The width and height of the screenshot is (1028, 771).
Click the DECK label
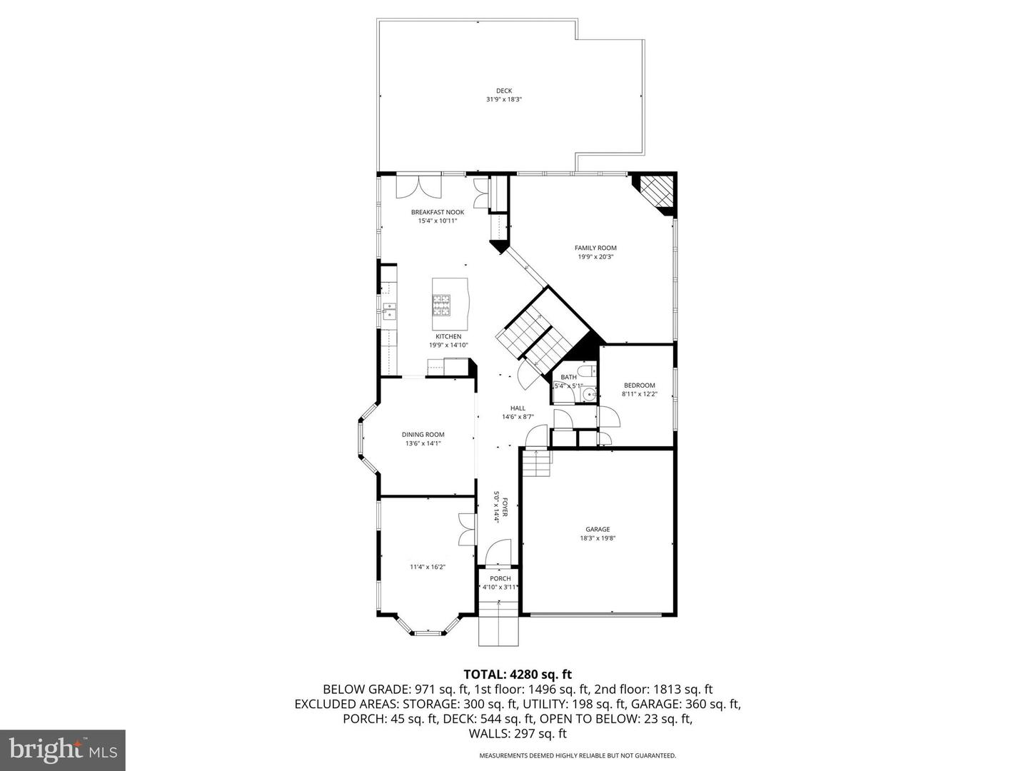pyautogui.click(x=504, y=91)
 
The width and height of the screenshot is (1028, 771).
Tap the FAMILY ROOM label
pyautogui.click(x=595, y=248)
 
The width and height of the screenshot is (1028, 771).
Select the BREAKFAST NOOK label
pyautogui.click(x=437, y=212)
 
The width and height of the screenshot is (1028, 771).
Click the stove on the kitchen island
pyautogui.click(x=442, y=305)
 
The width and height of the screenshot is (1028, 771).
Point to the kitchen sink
pyautogui.click(x=389, y=311)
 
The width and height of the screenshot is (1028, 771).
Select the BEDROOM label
pyautogui.click(x=639, y=385)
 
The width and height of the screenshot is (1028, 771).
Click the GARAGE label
pyautogui.click(x=598, y=529)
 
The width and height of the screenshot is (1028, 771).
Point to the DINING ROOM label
pyautogui.click(x=423, y=434)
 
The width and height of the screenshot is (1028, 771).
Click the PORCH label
pyautogui.click(x=500, y=578)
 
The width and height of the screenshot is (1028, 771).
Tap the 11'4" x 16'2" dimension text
pyautogui.click(x=427, y=567)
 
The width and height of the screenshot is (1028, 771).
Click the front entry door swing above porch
pyautogui.click(x=497, y=551)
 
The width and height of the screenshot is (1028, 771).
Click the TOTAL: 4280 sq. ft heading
pyautogui.click(x=518, y=674)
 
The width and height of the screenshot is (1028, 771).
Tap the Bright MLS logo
pyautogui.click(x=63, y=750)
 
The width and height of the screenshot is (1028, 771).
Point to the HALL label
pyautogui.click(x=518, y=408)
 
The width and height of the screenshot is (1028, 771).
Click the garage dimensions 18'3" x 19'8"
pyautogui.click(x=598, y=538)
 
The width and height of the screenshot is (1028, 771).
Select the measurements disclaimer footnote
pyautogui.click(x=577, y=755)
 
